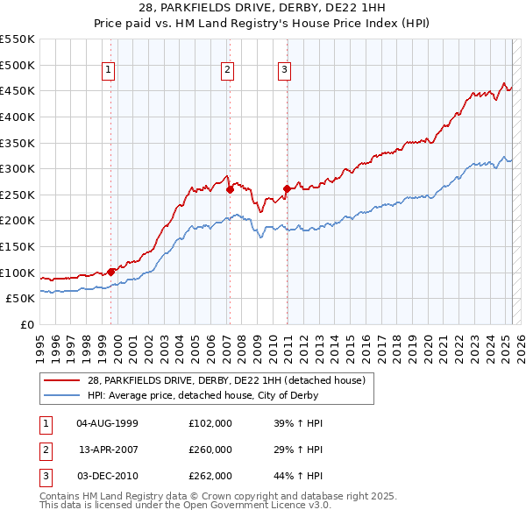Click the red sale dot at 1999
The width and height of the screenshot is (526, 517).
point(111,272)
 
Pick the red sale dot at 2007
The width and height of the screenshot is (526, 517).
point(230,188)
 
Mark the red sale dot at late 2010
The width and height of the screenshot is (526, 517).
point(287,188)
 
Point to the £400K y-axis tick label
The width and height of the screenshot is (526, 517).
point(18,117)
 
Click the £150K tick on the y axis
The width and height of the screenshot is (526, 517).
point(18,246)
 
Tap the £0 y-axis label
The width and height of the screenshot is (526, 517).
point(26,324)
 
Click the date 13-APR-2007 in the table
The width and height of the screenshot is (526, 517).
point(109,450)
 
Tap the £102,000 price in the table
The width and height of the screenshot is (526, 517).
point(210,423)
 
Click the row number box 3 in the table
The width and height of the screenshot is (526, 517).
point(45,476)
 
